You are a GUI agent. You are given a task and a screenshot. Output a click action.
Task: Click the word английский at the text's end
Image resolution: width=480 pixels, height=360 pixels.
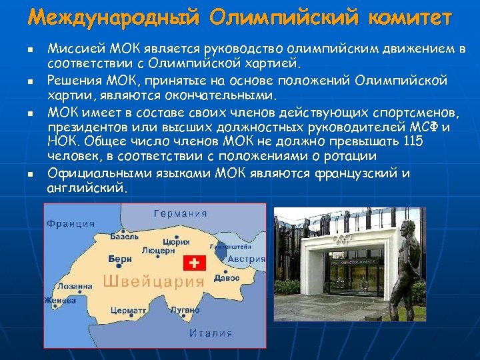[x=85, y=188]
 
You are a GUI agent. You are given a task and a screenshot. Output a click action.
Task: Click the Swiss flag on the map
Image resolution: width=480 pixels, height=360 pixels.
[x=194, y=264]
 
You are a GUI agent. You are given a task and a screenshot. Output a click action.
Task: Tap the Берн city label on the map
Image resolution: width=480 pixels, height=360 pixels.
[x=120, y=258]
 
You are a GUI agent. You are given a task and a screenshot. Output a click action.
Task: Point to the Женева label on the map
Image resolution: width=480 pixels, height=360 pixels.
[x=60, y=301]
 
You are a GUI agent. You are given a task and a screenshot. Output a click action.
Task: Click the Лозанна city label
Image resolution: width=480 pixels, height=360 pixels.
[x=74, y=286]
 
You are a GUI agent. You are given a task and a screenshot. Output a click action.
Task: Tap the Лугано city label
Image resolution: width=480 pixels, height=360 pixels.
[x=184, y=310]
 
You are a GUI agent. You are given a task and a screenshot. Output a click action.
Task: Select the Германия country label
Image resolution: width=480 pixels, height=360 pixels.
[x=181, y=214]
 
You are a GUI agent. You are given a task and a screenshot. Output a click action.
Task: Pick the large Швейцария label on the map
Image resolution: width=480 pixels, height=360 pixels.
[x=143, y=281]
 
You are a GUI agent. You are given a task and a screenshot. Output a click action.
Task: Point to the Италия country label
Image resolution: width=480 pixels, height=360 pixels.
[x=211, y=332]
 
